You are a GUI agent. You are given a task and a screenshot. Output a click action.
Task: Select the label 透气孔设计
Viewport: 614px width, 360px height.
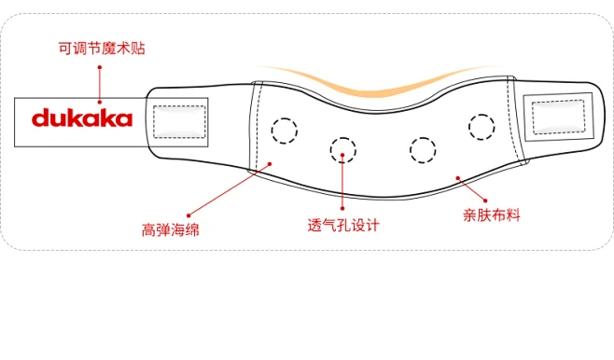[x=344, y=225]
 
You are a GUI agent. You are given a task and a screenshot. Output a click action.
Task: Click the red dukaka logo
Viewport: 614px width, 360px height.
[x=83, y=118]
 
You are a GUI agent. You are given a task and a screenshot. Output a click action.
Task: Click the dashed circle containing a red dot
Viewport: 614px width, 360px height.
[x=342, y=146]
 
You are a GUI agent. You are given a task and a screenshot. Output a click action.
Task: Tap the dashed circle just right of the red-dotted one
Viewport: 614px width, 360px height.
[x=422, y=147]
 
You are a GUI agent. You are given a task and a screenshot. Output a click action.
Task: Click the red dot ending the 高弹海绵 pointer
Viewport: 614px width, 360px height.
[x=270, y=164]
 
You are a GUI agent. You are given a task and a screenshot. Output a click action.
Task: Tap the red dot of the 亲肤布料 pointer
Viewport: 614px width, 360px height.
[x=455, y=177]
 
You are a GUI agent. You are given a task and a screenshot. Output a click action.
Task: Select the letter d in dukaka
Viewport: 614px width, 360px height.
[x=40, y=118]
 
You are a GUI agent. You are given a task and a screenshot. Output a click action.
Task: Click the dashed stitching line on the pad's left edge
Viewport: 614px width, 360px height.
[x=256, y=131]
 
